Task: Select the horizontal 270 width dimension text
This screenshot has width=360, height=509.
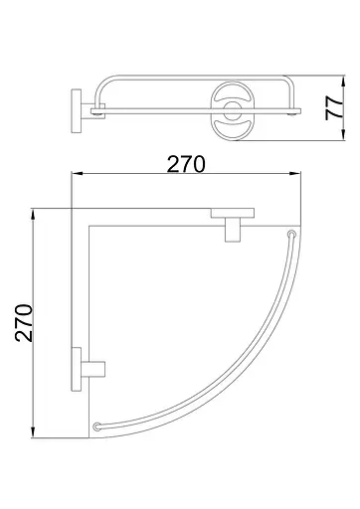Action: [186, 163]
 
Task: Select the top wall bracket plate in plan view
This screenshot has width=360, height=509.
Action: [231, 212]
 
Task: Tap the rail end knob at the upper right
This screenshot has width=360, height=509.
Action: [291, 234]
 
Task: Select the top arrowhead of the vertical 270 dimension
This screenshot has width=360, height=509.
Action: [34, 212]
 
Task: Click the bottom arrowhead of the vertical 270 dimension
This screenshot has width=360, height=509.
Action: [34, 433]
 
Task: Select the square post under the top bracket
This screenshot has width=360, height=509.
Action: [231, 230]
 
